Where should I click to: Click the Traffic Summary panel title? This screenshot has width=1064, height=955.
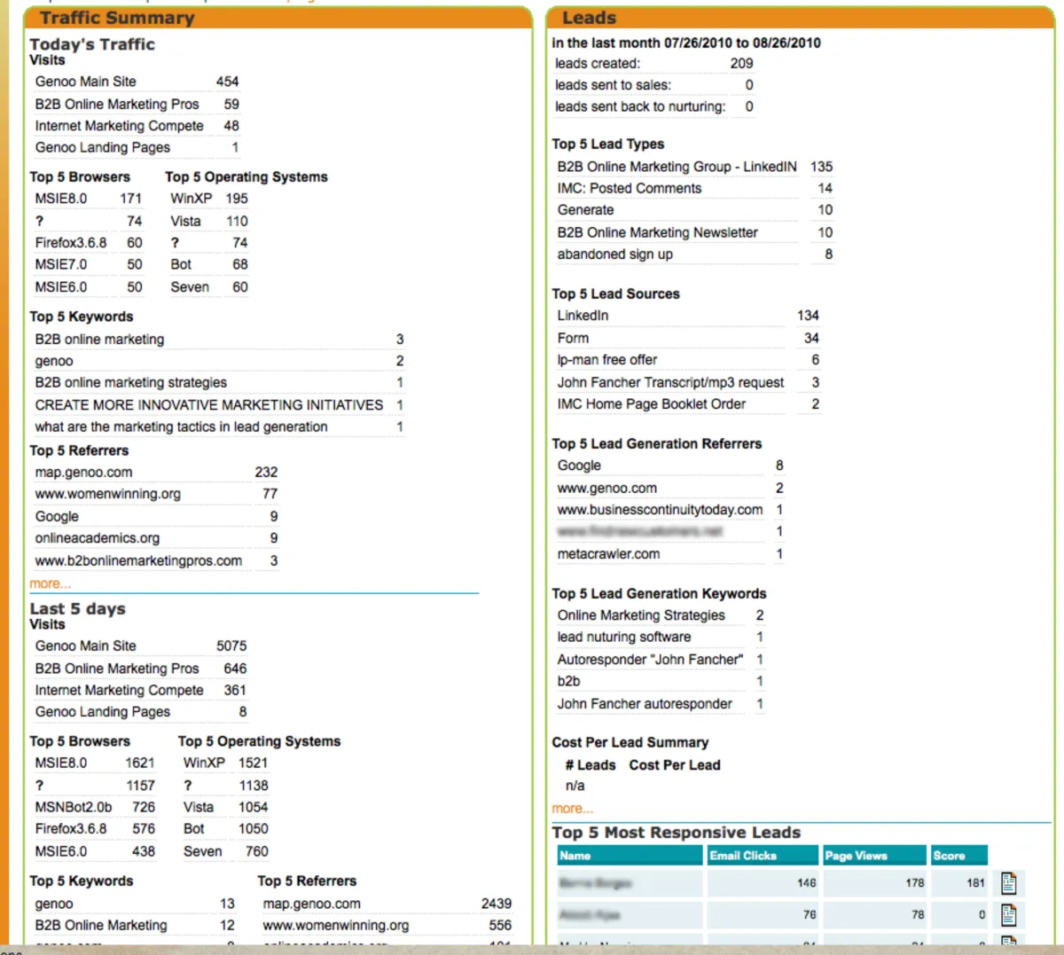(116, 18)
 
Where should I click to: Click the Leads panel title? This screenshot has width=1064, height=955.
(589, 18)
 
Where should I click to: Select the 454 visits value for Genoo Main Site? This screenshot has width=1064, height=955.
(227, 82)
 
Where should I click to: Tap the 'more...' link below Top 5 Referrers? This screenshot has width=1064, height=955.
(50, 583)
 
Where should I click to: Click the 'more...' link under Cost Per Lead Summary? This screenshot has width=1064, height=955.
(572, 808)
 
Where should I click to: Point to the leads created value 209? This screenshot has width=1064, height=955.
(741, 64)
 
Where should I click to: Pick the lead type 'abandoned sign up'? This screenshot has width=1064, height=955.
(614, 254)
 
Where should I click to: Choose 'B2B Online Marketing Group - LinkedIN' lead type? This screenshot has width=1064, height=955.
(677, 167)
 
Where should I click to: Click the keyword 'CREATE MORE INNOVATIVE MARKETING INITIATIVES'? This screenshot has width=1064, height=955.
(208, 405)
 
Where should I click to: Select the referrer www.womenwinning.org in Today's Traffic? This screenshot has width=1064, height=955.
(107, 494)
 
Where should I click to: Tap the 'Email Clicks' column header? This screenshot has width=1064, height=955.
(743, 856)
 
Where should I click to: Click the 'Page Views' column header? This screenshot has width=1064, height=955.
(856, 856)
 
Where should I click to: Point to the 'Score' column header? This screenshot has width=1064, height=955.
(949, 856)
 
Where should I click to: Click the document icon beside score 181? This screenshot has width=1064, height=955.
(1008, 883)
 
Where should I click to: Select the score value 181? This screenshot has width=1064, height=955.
(975, 883)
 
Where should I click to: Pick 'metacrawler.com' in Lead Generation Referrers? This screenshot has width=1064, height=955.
(608, 554)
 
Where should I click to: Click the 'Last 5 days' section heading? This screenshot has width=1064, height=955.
(77, 609)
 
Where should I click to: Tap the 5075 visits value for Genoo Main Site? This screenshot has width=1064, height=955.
(231, 646)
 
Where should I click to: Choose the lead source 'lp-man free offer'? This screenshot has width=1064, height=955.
(606, 360)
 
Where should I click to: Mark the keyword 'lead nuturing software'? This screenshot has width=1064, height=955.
(623, 638)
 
